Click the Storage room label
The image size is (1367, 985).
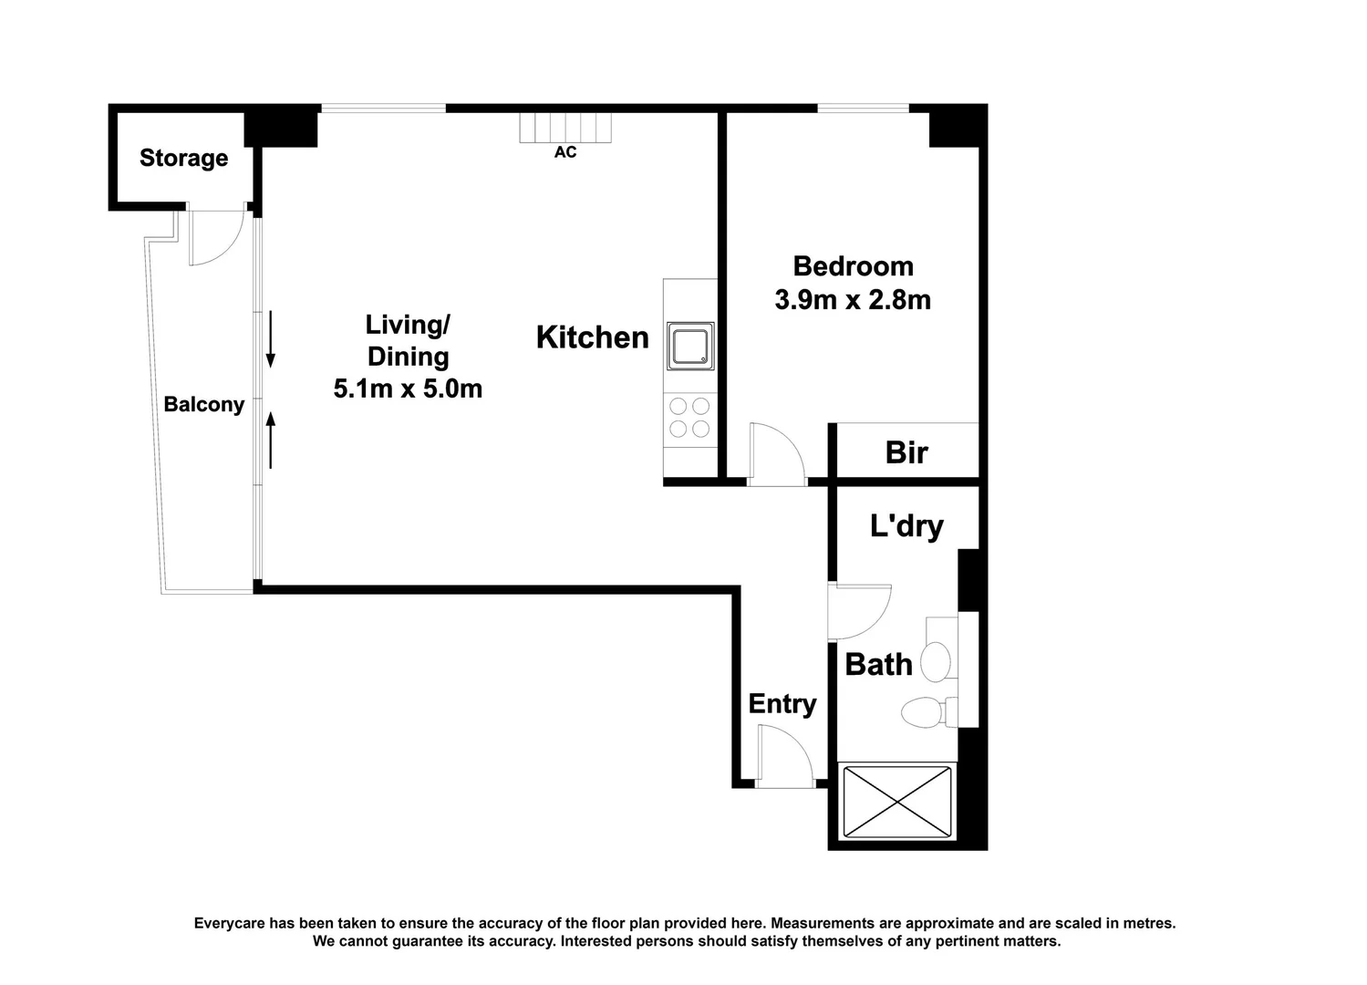click(183, 158)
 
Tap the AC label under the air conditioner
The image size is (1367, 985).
click(565, 152)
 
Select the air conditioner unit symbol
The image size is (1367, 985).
click(565, 129)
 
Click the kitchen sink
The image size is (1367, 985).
click(690, 346)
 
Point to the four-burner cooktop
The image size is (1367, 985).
click(689, 418)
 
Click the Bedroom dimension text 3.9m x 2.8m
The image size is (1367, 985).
click(853, 300)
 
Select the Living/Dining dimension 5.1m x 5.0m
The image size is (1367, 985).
click(408, 389)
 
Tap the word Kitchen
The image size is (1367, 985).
click(592, 337)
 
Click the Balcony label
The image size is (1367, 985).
click(204, 405)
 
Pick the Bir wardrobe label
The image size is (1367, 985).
click(906, 452)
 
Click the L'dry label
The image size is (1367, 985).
click(906, 526)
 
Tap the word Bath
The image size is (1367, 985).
click(878, 665)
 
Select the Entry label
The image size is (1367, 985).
click(782, 705)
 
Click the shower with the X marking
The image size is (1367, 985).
click(897, 803)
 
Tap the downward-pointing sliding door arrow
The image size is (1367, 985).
click(270, 339)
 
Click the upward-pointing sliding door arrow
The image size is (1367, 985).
click(270, 440)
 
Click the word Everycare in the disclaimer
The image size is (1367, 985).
click(230, 923)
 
